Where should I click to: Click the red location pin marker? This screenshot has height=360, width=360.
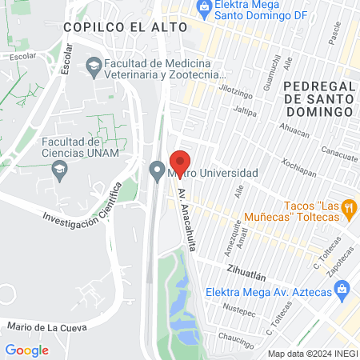pos(180,162)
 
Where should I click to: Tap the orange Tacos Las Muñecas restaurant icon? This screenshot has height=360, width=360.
pos(348,210)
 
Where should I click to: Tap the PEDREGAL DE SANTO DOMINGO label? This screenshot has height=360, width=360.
pos(318,98)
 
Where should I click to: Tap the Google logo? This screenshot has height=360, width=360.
pos(26,350)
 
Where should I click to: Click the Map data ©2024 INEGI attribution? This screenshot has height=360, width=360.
pos(312,354)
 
